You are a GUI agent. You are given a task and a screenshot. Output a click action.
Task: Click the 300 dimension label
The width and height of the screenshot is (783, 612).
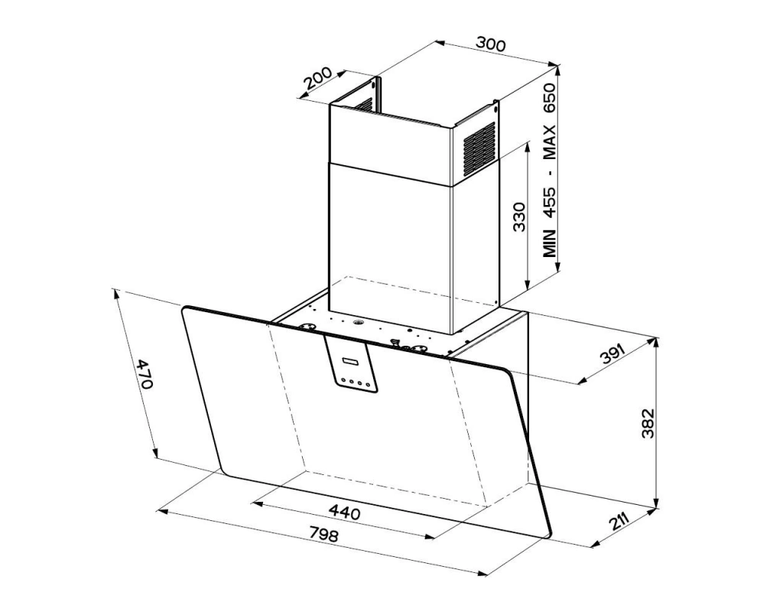tap(490, 44)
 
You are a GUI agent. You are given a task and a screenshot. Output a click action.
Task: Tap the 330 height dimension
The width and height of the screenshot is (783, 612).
tap(519, 216)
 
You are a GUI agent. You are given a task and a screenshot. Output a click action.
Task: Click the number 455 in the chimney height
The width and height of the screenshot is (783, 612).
tap(550, 201)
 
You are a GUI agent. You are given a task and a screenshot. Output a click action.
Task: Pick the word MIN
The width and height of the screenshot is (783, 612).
tap(550, 242)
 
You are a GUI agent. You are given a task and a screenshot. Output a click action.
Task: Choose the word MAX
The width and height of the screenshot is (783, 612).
tap(550, 142)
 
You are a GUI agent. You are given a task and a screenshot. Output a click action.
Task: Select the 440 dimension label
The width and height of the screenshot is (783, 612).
tap(345, 512)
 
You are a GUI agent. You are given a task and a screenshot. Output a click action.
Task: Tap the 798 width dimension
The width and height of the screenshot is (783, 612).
tap(323, 535)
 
